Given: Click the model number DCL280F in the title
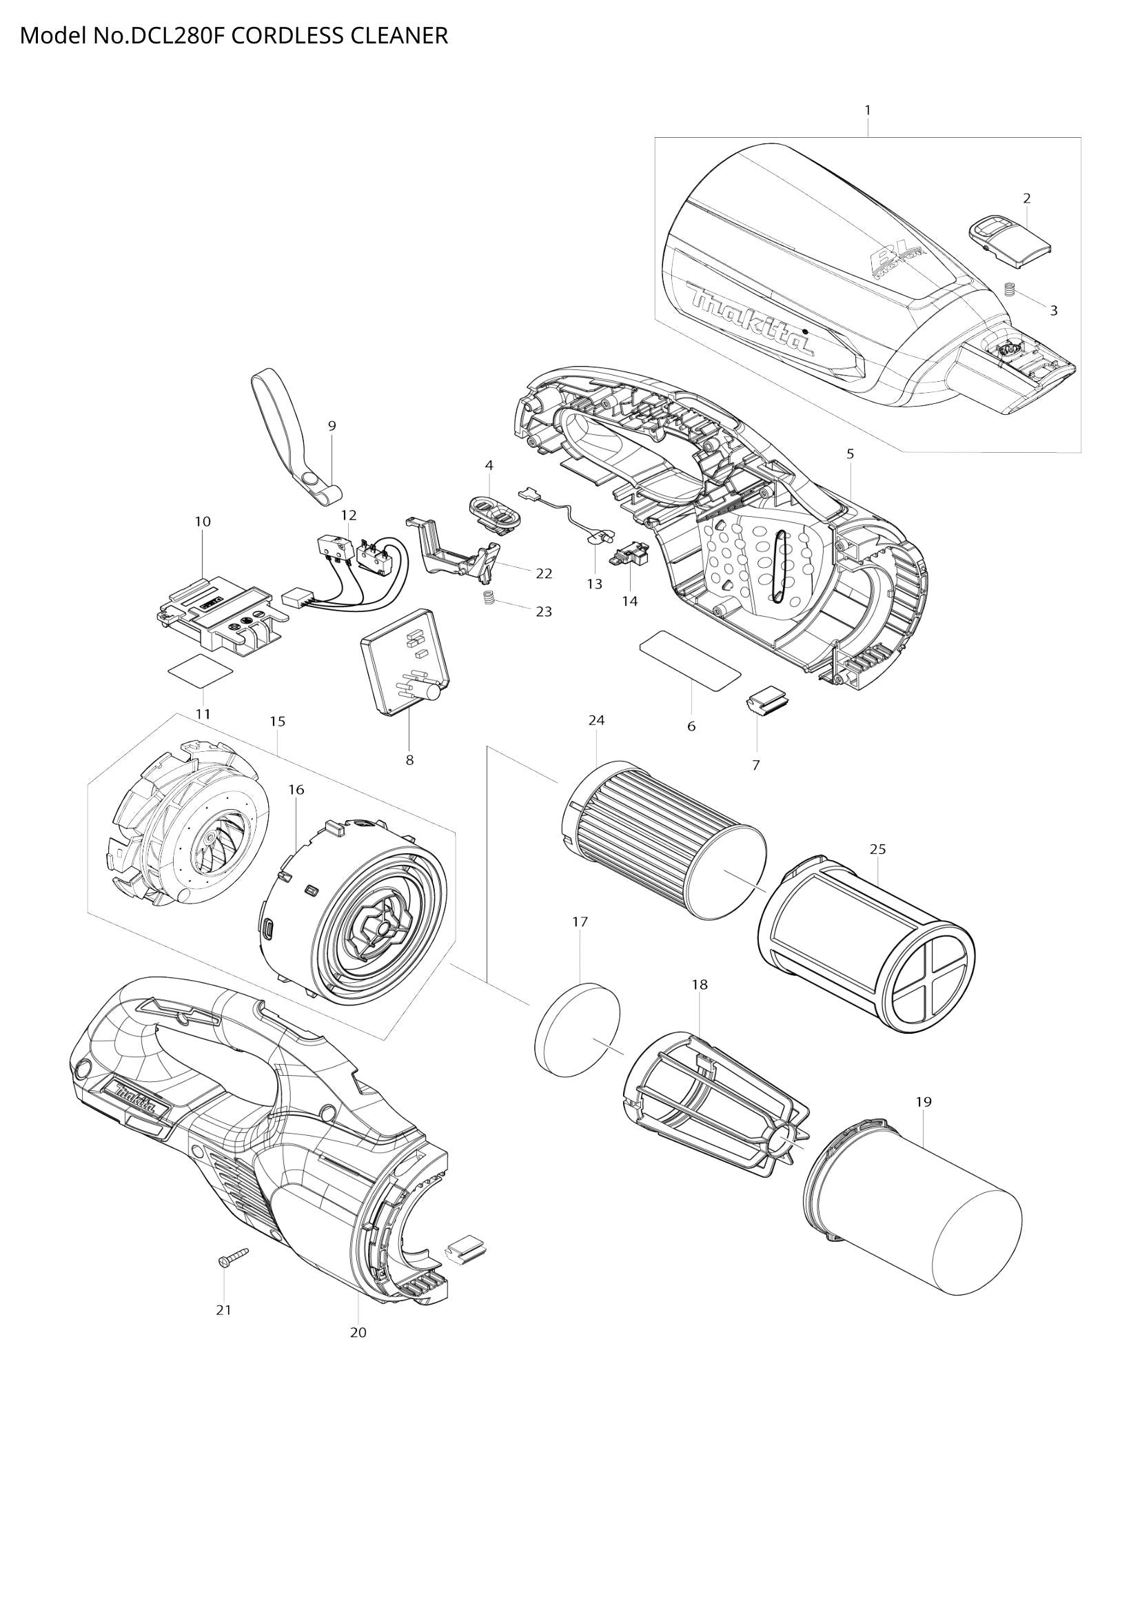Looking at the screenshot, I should (179, 35).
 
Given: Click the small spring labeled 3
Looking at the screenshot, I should (1011, 289).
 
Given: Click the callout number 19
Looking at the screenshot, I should (923, 1101).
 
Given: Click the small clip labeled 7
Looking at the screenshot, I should (766, 702).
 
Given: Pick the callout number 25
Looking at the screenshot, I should (877, 849).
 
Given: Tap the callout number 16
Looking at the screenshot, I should (296, 789).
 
